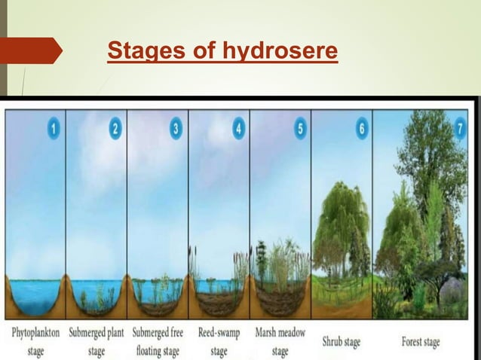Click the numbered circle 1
[54, 129]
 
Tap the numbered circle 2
[115, 129]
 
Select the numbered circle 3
[176, 129]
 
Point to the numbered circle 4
[239, 129]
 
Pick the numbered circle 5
[300, 129]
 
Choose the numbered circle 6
[363, 129]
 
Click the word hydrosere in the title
[280, 53]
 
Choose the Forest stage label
[421, 342]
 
